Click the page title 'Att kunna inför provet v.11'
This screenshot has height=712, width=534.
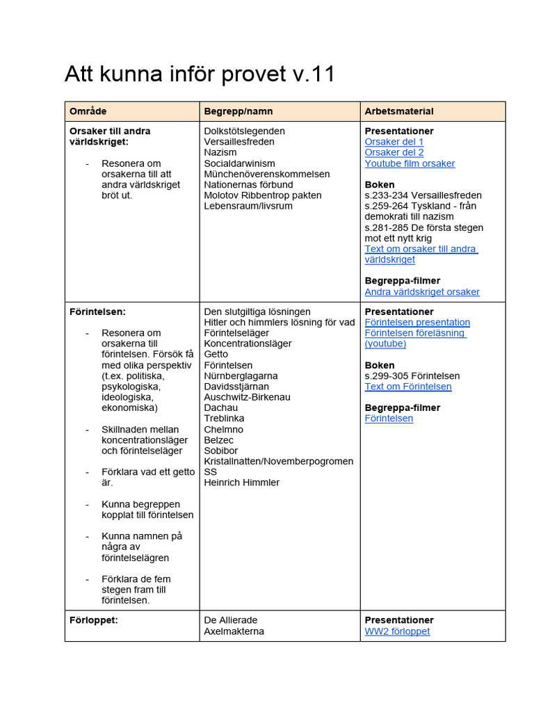click(200, 74)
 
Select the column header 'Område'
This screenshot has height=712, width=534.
click(88, 111)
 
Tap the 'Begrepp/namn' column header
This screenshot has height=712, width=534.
click(238, 111)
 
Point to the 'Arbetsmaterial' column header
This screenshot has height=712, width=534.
click(399, 111)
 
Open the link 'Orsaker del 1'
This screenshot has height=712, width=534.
click(394, 142)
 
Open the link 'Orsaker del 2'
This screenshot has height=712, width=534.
click(394, 152)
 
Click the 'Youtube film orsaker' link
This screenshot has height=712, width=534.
click(410, 163)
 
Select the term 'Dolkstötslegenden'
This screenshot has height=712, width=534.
click(244, 131)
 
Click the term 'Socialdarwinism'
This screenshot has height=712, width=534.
click(239, 163)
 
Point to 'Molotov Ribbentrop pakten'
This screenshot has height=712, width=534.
click(263, 195)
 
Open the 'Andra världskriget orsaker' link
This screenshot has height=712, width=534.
click(422, 292)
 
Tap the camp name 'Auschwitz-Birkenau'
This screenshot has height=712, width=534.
click(247, 397)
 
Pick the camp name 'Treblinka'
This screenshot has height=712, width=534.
click(224, 419)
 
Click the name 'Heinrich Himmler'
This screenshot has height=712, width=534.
click(241, 483)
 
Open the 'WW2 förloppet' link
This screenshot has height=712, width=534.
click(397, 631)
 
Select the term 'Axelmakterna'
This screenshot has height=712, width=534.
click(234, 631)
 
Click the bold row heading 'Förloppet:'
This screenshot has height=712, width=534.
click(93, 620)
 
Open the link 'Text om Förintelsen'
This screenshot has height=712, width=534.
click(408, 387)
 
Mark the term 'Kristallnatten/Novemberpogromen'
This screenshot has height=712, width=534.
click(278, 462)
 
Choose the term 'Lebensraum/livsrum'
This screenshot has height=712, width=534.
click(248, 206)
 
